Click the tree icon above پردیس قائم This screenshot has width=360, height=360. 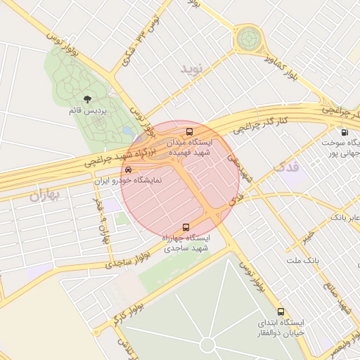[x=87, y=99]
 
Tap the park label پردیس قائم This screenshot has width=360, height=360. [x=86, y=111]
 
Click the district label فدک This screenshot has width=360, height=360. [x=284, y=168]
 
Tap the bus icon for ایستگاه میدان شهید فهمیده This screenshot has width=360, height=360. [x=188, y=131]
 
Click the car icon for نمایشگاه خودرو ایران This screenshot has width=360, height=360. [x=127, y=170]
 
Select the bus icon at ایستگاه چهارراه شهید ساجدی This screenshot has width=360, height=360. [x=186, y=227]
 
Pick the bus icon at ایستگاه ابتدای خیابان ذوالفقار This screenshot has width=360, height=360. [x=281, y=311]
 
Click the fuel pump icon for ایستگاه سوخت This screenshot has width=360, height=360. [x=344, y=132]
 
